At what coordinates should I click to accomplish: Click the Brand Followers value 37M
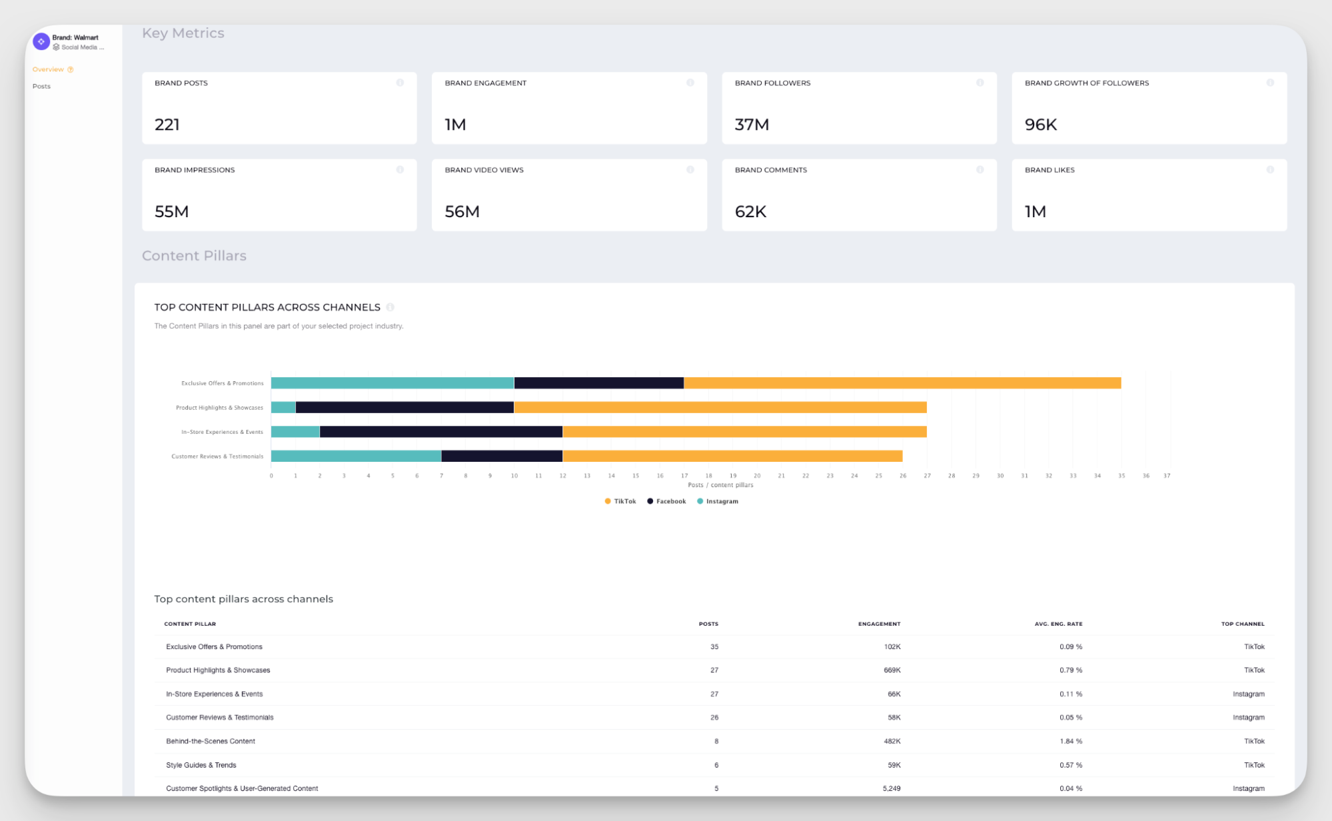(x=752, y=125)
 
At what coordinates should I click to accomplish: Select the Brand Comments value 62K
(x=750, y=211)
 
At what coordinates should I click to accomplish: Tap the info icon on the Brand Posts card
(x=400, y=83)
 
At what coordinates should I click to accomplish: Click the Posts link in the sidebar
(x=41, y=86)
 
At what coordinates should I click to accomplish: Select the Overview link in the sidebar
(x=48, y=69)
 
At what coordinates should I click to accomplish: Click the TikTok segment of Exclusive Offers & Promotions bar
(x=902, y=383)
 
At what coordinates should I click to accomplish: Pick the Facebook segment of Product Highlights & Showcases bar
(x=404, y=407)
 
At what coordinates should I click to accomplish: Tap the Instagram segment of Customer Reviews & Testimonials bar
(x=356, y=456)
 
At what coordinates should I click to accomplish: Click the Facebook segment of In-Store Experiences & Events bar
(x=441, y=432)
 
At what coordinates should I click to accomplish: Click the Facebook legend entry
(x=666, y=501)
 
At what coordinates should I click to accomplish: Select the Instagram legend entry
(x=718, y=501)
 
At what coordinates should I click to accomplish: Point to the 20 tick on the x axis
(x=757, y=476)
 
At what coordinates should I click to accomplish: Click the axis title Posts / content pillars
(x=720, y=485)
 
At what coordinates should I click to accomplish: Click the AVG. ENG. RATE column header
(x=1058, y=624)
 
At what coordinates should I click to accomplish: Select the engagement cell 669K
(x=892, y=670)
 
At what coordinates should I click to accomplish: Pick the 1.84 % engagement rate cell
(x=1071, y=741)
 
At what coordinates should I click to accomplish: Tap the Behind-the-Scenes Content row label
(x=211, y=741)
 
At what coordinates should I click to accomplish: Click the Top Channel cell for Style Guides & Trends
(x=1253, y=765)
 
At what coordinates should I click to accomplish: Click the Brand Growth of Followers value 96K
(x=1041, y=125)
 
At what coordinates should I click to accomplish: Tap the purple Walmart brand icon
(x=41, y=41)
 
